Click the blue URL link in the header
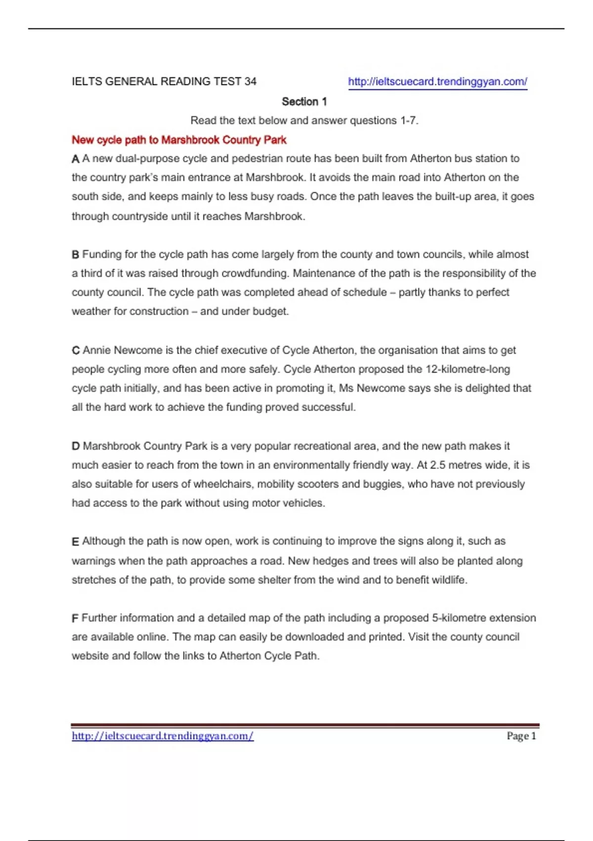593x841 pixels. [x=437, y=82]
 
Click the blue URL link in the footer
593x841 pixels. [x=163, y=736]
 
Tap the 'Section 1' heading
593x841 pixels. [x=304, y=101]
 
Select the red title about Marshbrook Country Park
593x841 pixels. [x=179, y=140]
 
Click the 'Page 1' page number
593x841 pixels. [x=521, y=736]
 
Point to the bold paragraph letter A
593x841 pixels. [x=76, y=159]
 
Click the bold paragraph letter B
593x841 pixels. [x=76, y=255]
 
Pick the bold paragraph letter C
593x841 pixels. [x=76, y=351]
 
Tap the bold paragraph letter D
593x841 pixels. [x=76, y=446]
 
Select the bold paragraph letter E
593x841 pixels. [x=76, y=542]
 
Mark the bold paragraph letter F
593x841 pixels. [x=75, y=618]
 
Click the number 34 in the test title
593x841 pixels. [x=250, y=82]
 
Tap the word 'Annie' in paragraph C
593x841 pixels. [x=97, y=350]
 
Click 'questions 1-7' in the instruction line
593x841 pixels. [x=383, y=121]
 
